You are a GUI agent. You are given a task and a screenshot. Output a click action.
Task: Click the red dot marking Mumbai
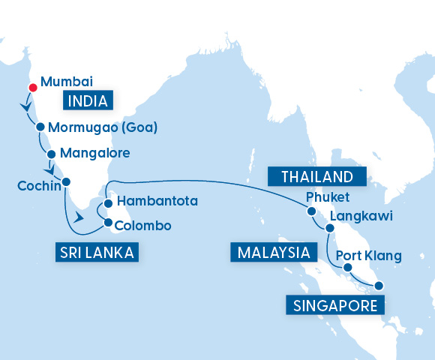click(32, 87)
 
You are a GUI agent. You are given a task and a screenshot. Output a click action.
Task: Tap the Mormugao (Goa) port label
click(102, 127)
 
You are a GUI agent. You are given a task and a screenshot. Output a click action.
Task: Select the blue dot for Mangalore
click(51, 154)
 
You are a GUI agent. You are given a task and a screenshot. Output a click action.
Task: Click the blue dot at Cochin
click(66, 181)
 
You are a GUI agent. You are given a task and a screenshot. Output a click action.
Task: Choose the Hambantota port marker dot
click(109, 202)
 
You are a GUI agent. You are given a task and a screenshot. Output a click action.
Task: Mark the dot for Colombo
click(109, 223)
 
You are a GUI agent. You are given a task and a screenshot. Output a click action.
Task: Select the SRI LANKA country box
click(95, 253)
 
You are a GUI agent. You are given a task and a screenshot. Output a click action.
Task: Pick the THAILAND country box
click(316, 177)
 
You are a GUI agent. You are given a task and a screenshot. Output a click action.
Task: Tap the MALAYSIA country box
click(273, 251)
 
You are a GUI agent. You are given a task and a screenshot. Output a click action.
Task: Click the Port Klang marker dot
click(347, 265)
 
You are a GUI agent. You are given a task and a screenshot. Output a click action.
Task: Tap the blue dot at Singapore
click(379, 285)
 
